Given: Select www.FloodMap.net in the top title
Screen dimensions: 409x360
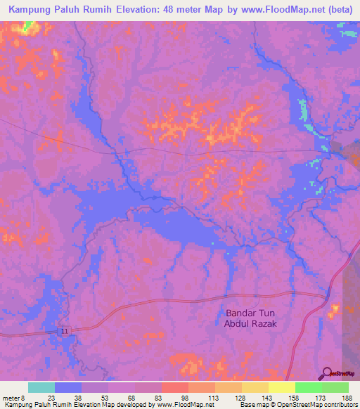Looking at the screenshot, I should (x=262, y=10).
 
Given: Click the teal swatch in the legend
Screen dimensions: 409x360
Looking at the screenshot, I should (x=41, y=387).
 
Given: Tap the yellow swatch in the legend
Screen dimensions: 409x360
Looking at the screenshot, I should (x=281, y=387).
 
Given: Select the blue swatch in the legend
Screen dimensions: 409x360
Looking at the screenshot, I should (x=68, y=387).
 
